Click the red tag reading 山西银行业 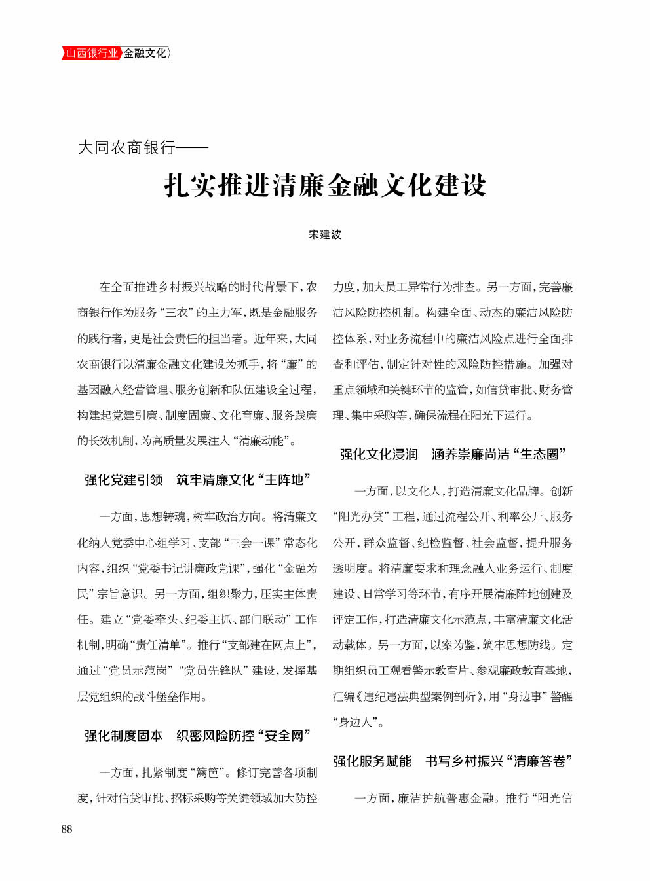click(x=91, y=53)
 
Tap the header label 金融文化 click(x=145, y=53)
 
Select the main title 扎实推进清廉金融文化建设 click(x=325, y=185)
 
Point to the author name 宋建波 click(x=325, y=234)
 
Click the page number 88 click(x=67, y=829)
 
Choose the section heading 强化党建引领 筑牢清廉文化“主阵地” click(x=197, y=480)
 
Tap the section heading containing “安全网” click(x=197, y=736)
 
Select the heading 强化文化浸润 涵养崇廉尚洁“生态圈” click(x=453, y=454)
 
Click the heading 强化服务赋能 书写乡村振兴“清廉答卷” click(x=453, y=761)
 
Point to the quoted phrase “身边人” click(x=356, y=723)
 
